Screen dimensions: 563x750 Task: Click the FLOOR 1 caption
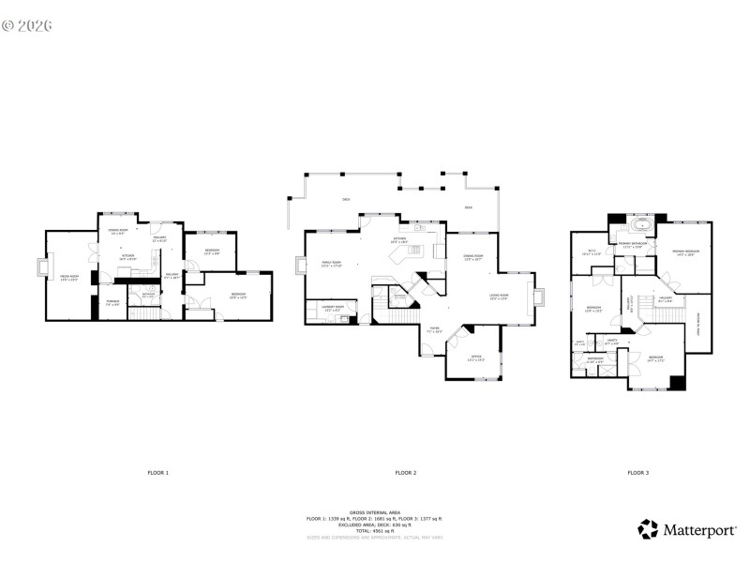[158, 472]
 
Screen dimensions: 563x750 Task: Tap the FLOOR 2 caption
[405, 472]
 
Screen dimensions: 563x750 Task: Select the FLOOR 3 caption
[637, 472]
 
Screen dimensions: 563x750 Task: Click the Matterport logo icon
[648, 529]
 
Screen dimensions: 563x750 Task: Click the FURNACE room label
[112, 302]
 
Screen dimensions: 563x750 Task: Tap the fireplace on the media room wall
[40, 266]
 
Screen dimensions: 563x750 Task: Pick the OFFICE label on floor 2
[476, 358]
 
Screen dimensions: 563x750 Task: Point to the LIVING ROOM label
[498, 297]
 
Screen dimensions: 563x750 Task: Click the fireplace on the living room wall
[538, 297]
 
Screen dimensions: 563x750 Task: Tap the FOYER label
[434, 330]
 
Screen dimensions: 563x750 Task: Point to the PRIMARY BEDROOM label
[685, 253]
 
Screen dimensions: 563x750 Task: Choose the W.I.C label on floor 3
[592, 251]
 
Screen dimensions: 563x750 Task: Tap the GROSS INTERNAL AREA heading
[374, 512]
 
